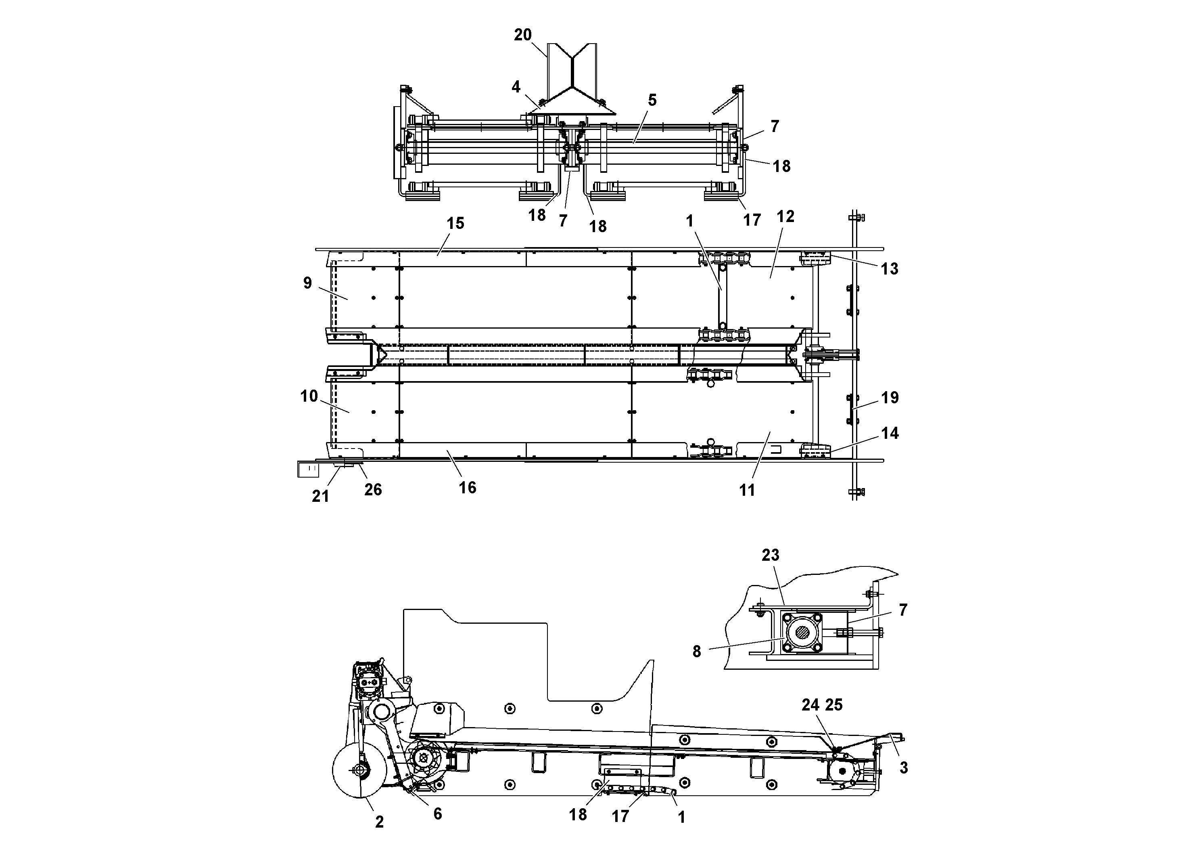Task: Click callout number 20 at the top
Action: click(522, 35)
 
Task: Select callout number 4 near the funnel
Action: click(516, 87)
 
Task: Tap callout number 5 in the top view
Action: click(652, 100)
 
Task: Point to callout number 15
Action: click(455, 224)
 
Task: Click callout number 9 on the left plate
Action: click(307, 283)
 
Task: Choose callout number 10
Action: click(309, 396)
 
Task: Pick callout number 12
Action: click(785, 217)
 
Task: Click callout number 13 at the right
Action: click(889, 269)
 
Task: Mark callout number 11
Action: click(747, 491)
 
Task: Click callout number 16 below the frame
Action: click(467, 488)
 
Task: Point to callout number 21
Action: click(320, 496)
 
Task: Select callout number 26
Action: click(373, 490)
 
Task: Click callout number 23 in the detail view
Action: click(770, 555)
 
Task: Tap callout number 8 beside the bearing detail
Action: click(696, 652)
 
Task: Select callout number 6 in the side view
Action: click(437, 814)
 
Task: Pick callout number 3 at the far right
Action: click(903, 768)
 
